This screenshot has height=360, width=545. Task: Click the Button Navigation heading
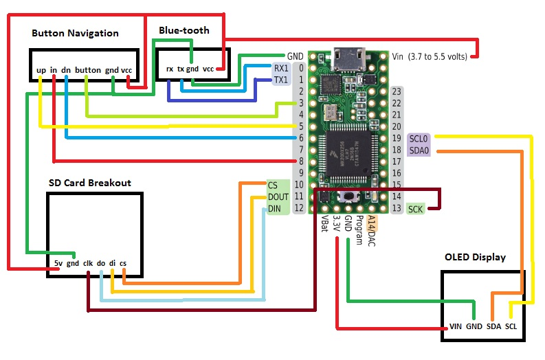(x=75, y=33)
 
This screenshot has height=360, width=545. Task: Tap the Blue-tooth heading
(x=183, y=30)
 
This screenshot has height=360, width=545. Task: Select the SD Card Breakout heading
(x=89, y=183)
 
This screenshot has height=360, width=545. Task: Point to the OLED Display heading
(x=475, y=257)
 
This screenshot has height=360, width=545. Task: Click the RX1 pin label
(x=281, y=69)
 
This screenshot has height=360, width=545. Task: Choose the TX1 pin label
(x=281, y=80)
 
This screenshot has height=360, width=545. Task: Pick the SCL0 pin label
(x=419, y=138)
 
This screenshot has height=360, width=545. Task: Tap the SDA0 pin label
(x=419, y=150)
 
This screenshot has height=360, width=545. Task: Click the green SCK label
(x=416, y=208)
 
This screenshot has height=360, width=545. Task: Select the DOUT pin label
(x=278, y=196)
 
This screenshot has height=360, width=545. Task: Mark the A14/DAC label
(x=371, y=230)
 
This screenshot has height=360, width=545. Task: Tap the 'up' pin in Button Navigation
(x=41, y=70)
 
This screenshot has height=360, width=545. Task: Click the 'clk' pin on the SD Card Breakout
(x=88, y=262)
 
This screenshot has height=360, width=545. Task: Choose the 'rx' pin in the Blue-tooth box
(x=169, y=69)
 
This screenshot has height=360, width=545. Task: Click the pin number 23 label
(x=396, y=91)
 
